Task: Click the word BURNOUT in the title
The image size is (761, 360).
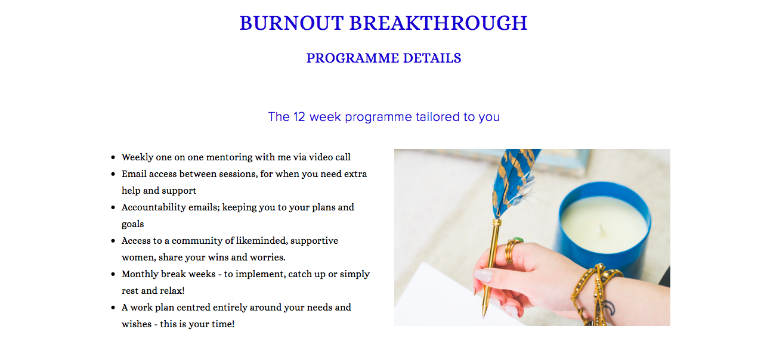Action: pyautogui.click(x=292, y=23)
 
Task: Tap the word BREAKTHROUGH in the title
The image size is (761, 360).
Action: pyautogui.click(x=438, y=23)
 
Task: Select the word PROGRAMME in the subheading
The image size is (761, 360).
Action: pyautogui.click(x=352, y=58)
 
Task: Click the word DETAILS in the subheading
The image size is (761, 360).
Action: pyautogui.click(x=432, y=58)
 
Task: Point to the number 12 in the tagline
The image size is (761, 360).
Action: pyautogui.click(x=299, y=117)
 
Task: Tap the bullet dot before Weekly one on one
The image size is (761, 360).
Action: pyautogui.click(x=113, y=157)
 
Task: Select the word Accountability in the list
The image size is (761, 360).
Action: pyautogui.click(x=153, y=207)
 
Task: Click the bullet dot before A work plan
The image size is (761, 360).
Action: pyautogui.click(x=113, y=308)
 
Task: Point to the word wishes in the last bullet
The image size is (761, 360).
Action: pyautogui.click(x=137, y=324)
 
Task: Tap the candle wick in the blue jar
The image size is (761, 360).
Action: pyautogui.click(x=602, y=229)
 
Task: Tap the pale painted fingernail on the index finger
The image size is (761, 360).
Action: pyautogui.click(x=483, y=275)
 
